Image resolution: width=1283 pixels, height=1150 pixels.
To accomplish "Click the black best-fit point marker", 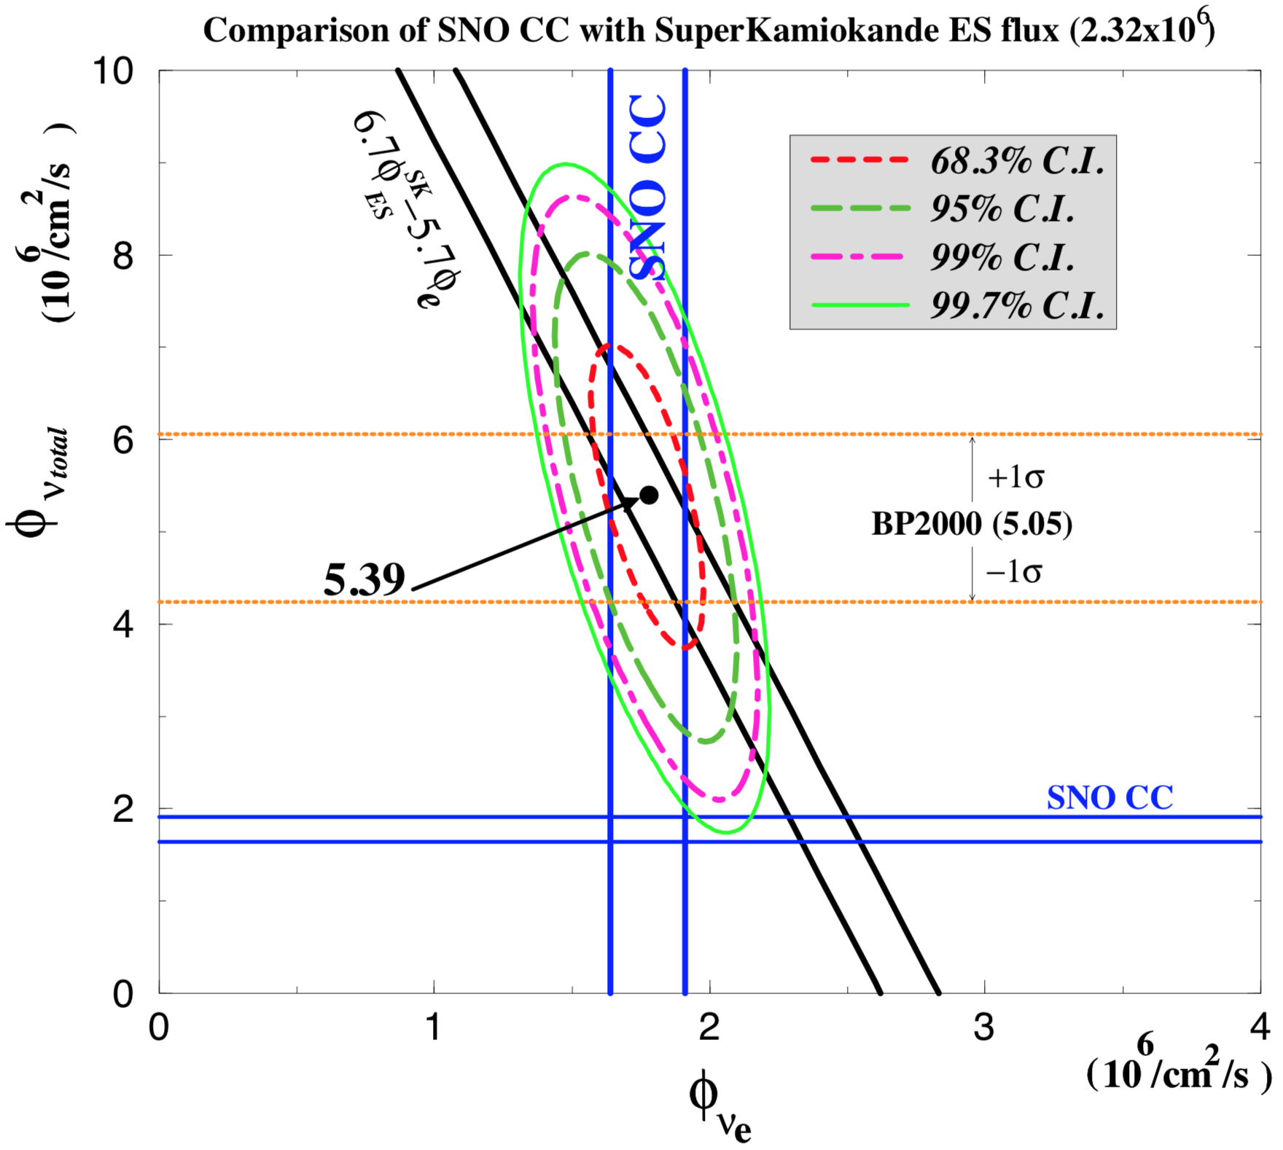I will point(648,496).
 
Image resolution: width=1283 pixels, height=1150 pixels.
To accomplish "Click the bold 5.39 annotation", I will point(364,581).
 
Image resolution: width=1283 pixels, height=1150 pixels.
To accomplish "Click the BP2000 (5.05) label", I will point(972,524).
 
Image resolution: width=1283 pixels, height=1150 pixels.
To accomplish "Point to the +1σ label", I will point(1015,478).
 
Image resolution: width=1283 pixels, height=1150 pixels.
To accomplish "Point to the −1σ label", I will point(1013,572).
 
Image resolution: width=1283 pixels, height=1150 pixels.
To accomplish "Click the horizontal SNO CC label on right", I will point(1110,797).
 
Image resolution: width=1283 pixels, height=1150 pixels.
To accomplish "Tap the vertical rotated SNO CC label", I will point(647,187).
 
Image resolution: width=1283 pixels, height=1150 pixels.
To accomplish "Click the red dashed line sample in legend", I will point(859,160).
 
